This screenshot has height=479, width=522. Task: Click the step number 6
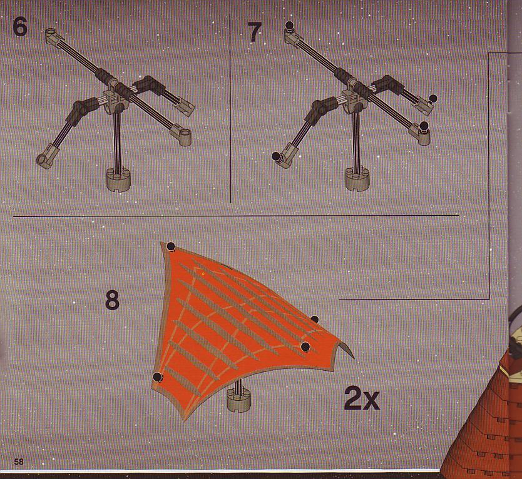[20, 27]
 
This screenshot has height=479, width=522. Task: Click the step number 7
[255, 33]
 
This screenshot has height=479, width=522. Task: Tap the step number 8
[112, 300]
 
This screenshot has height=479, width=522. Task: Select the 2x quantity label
[362, 398]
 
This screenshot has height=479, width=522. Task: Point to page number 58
[19, 461]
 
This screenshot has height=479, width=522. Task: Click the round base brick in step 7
[357, 179]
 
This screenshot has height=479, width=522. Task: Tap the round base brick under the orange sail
[238, 399]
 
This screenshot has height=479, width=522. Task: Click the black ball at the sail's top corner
[171, 246]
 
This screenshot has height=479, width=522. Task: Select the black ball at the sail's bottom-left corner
[158, 377]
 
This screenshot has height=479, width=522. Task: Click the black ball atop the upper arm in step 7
[289, 25]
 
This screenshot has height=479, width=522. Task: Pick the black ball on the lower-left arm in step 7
[276, 156]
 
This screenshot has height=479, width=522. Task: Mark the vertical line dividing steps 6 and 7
[230, 108]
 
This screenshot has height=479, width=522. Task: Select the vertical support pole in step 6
[117, 141]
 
